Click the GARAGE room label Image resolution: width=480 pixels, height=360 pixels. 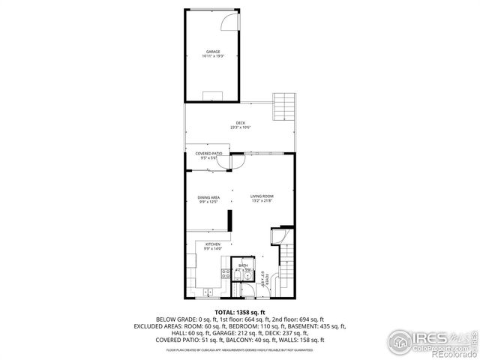(x=214, y=52)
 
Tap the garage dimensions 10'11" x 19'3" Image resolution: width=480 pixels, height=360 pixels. (x=214, y=57)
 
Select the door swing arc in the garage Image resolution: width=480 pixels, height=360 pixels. (x=226, y=25)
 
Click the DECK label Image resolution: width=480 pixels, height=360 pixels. (x=240, y=123)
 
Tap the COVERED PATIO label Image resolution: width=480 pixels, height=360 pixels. (x=208, y=154)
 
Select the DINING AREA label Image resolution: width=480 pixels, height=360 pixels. (x=208, y=197)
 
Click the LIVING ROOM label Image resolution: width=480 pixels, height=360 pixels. (x=262, y=196)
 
